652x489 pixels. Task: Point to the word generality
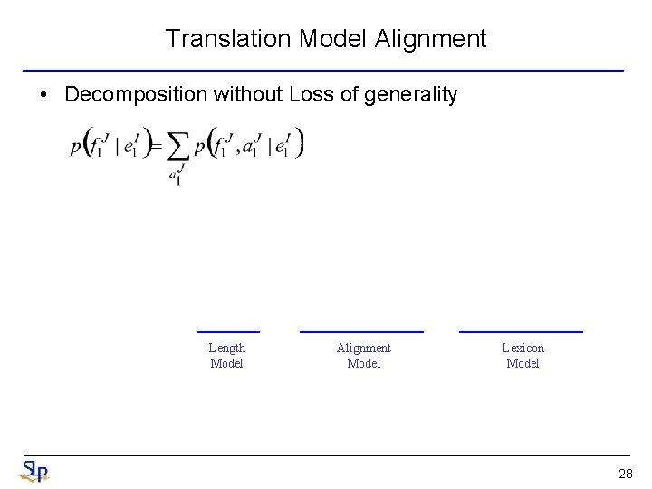tap(411, 94)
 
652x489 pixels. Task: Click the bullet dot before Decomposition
tap(43, 94)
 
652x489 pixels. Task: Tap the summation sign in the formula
tap(178, 147)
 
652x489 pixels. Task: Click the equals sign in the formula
tap(156, 146)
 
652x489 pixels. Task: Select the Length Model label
tap(227, 355)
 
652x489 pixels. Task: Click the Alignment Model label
tap(363, 355)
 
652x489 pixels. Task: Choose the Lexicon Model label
tap(523, 355)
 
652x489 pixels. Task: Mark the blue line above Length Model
tap(228, 331)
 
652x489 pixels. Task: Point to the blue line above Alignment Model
tap(361, 331)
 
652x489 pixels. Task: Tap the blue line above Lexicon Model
tap(521, 331)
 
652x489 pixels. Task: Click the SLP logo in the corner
tap(34, 472)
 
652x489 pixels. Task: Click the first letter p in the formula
tap(75, 148)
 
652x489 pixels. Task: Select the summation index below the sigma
tap(176, 175)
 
